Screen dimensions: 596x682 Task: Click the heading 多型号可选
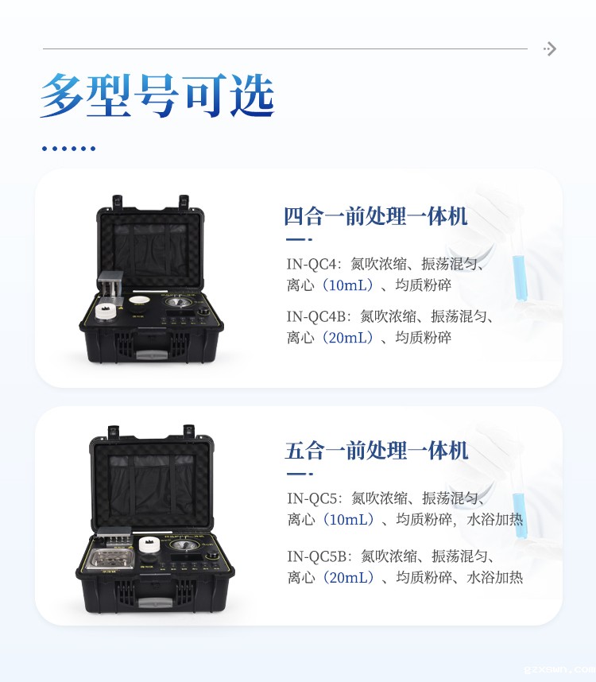point(157,95)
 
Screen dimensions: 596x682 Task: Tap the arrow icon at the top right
point(550,48)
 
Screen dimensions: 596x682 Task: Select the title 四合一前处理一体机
point(376,216)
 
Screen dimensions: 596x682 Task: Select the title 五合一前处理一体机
point(377,451)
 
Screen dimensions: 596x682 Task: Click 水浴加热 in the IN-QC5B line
point(495,578)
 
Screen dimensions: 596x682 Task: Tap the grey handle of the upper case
point(152,355)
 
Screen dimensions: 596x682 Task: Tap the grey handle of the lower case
point(155,603)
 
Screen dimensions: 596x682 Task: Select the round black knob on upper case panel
point(202,312)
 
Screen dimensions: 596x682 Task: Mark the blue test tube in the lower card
point(520,513)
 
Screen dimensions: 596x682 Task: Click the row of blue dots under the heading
point(68,149)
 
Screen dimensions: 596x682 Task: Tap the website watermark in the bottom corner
point(559,670)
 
